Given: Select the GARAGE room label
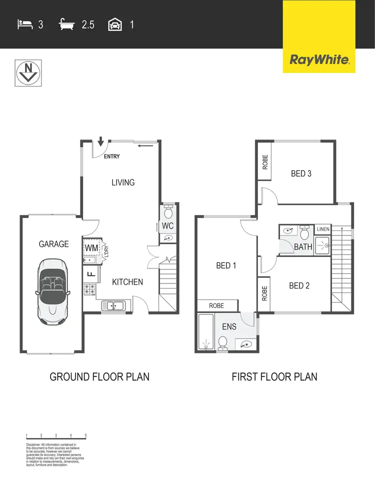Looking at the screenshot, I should click(54, 244).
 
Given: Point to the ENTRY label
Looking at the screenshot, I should click(111, 156).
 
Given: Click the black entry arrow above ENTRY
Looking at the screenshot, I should click(101, 142).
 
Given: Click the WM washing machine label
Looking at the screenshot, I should click(91, 247).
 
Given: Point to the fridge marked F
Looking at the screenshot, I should click(91, 273).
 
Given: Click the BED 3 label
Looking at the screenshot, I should click(301, 173).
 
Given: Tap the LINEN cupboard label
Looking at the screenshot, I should click(323, 229).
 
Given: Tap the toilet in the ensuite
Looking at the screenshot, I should click(223, 342).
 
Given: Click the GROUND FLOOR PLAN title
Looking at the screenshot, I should click(99, 376).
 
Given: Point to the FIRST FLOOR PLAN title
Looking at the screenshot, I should click(274, 376).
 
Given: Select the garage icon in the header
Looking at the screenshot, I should click(114, 24).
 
